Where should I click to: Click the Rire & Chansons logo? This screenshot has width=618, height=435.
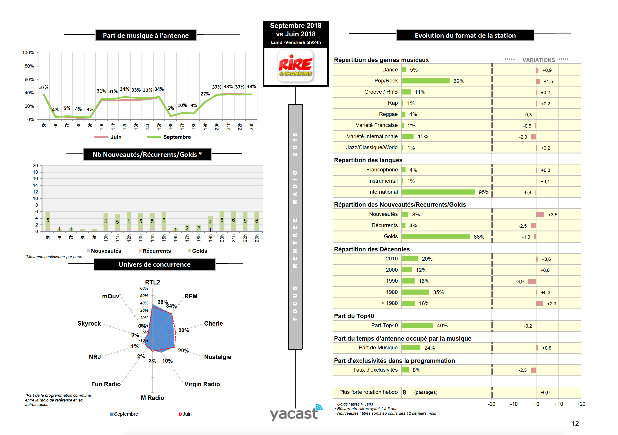click(296, 66)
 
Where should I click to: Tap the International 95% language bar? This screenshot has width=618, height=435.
click(438, 192)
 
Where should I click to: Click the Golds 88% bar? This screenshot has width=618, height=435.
click(436, 237)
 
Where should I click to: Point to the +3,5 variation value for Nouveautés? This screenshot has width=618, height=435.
click(553, 215)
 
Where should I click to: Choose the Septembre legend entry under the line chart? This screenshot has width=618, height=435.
click(177, 137)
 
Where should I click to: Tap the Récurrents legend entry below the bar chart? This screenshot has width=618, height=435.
click(156, 251)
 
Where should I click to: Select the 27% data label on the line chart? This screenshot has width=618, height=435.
click(205, 94)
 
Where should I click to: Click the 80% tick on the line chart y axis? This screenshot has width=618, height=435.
click(29, 66)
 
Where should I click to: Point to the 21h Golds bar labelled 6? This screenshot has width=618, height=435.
click(233, 220)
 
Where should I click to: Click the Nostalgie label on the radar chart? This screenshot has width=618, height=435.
click(217, 357)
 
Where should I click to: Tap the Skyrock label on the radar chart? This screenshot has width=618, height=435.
click(89, 324)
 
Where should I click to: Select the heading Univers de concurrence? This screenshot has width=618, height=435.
click(155, 264)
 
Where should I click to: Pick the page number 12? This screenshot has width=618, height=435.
click(575, 423)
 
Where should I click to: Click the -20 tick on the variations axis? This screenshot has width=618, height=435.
click(492, 404)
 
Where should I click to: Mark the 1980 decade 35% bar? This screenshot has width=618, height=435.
click(415, 292)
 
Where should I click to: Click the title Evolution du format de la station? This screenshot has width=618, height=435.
click(465, 36)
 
